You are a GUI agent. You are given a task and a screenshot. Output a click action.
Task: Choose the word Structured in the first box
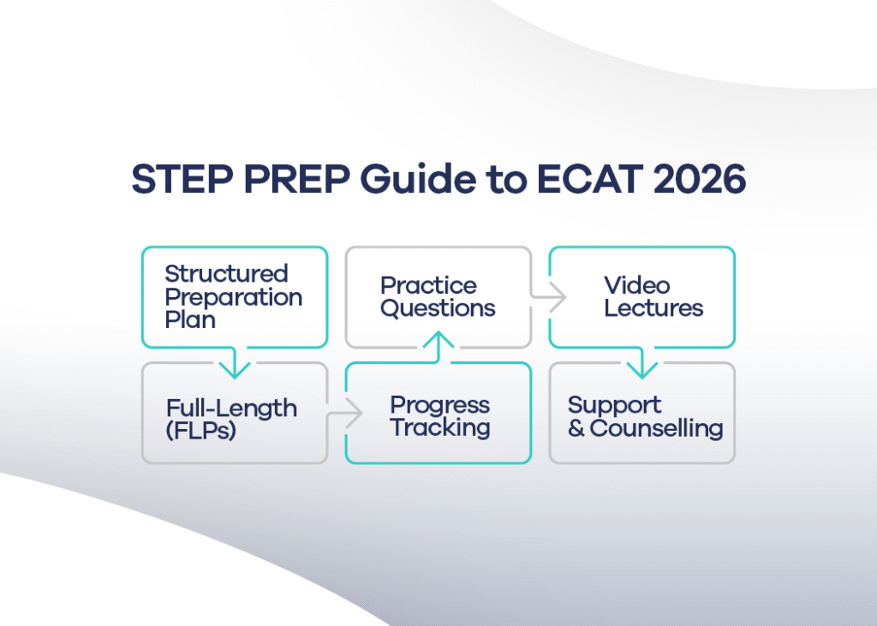click(226, 274)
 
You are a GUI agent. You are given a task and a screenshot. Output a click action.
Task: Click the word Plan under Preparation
click(190, 319)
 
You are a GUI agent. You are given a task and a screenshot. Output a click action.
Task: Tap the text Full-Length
click(231, 408)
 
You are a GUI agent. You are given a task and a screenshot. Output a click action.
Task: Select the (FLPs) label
click(201, 431)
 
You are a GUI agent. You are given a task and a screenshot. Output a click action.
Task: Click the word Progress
click(439, 404)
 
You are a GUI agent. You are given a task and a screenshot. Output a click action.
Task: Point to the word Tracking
click(440, 427)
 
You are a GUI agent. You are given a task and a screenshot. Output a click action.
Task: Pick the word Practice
click(428, 285)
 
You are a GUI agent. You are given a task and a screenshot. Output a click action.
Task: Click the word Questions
click(438, 308)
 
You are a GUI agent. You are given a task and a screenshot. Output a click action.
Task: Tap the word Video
click(636, 285)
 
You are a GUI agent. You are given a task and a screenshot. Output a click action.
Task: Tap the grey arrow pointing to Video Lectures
click(554, 298)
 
